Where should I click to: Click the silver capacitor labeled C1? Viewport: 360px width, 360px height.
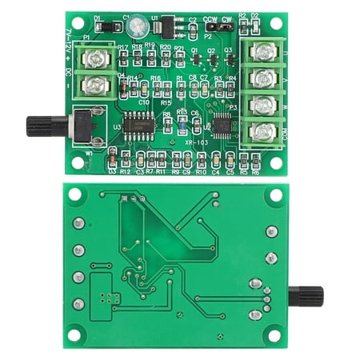tap(135, 26)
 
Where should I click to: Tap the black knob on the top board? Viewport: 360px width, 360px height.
tap(38, 126)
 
